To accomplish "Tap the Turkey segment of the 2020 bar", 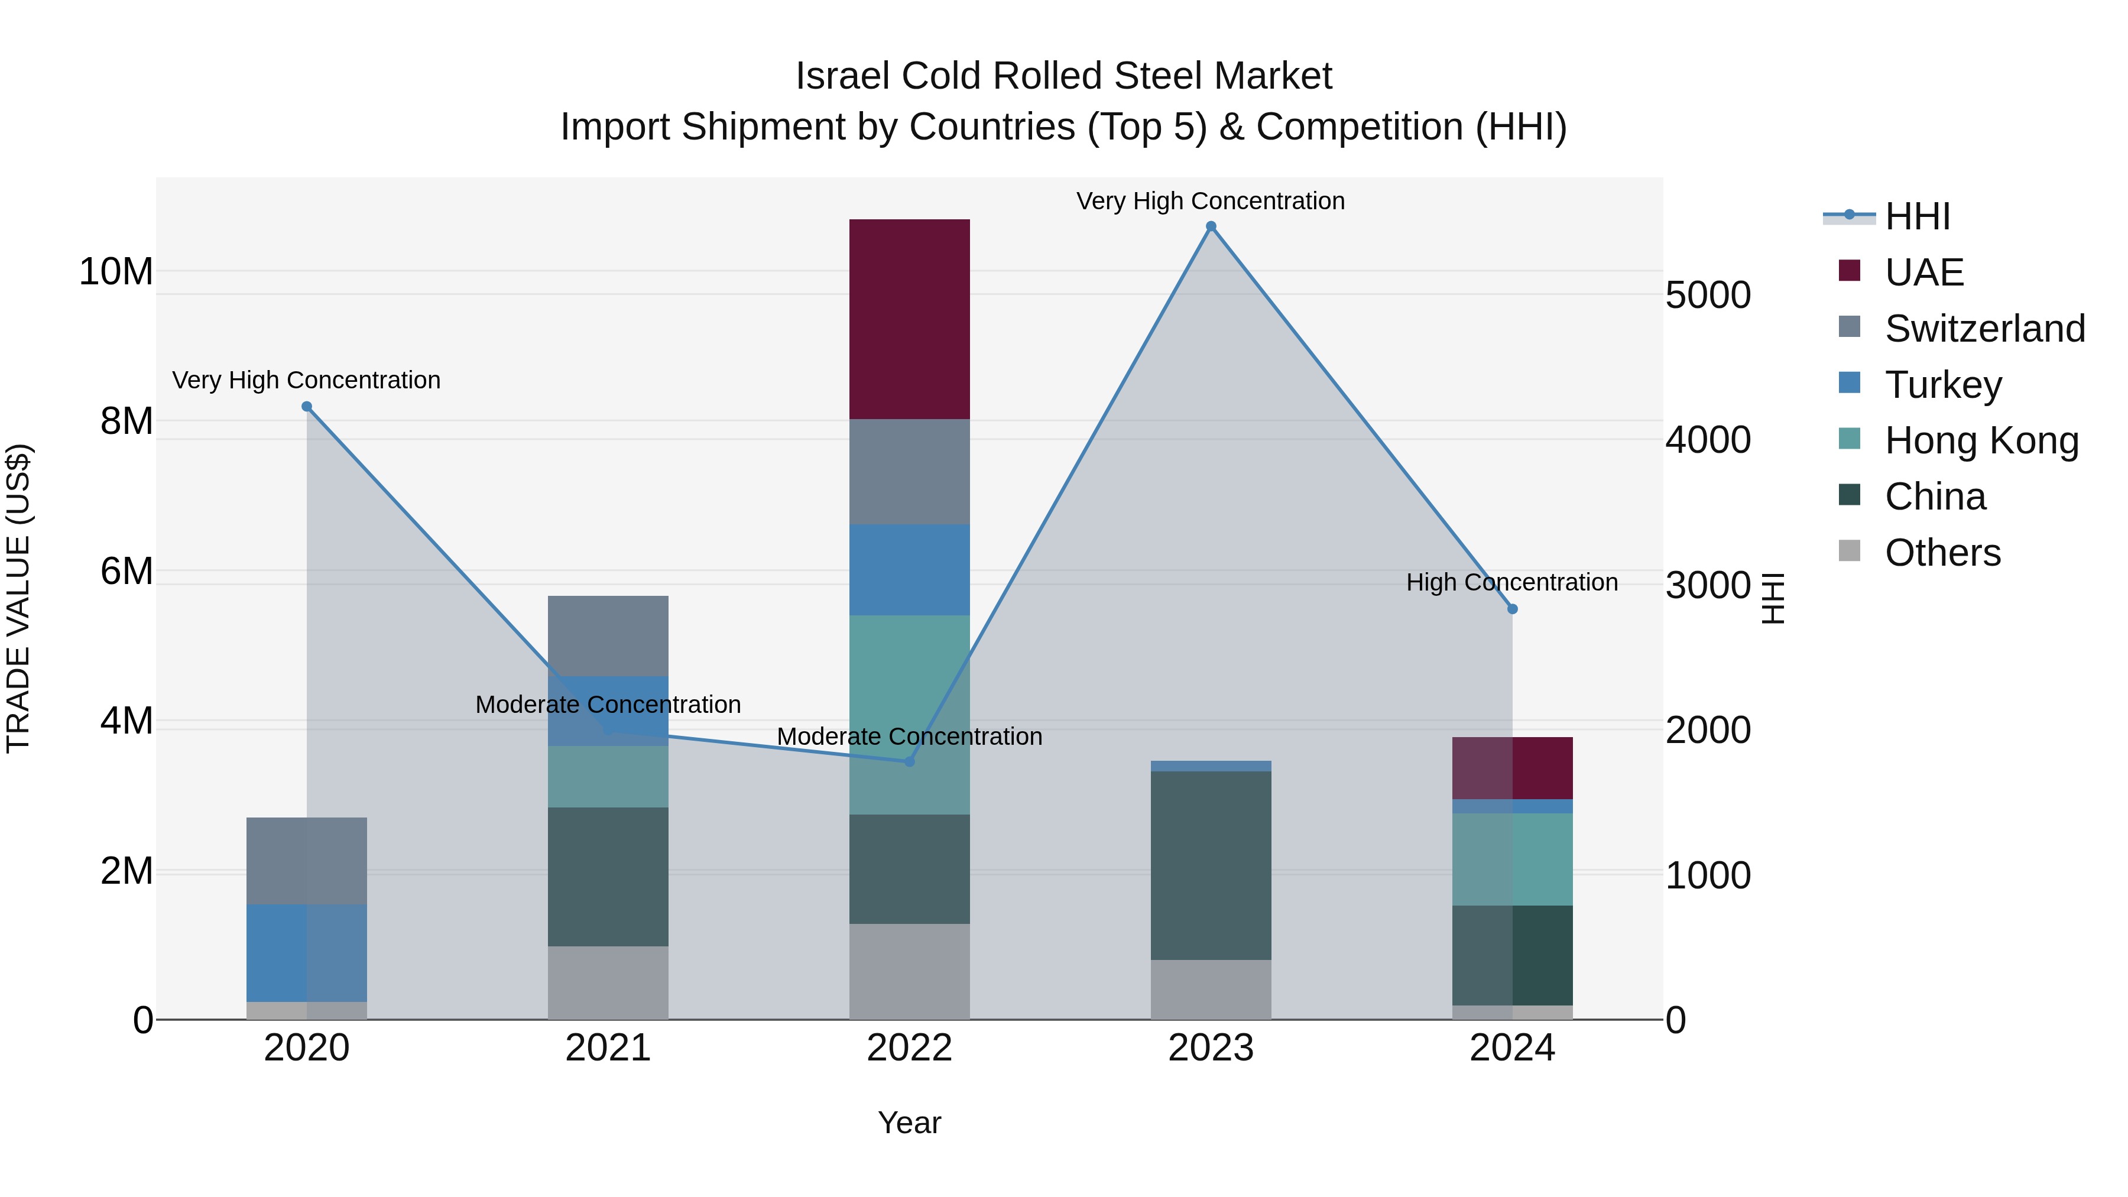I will (306, 952).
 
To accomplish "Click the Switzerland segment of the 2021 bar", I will (608, 635).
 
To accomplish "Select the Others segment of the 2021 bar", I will (608, 982).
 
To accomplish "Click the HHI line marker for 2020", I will (306, 407).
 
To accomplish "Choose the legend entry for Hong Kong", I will (1981, 440).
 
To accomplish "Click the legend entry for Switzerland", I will (1984, 329).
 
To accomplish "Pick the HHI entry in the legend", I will (1916, 216).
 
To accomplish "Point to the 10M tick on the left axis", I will (116, 272).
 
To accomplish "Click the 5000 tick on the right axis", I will (1707, 295).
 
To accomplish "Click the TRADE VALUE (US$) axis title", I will (18, 598).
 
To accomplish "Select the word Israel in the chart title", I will (842, 76).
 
